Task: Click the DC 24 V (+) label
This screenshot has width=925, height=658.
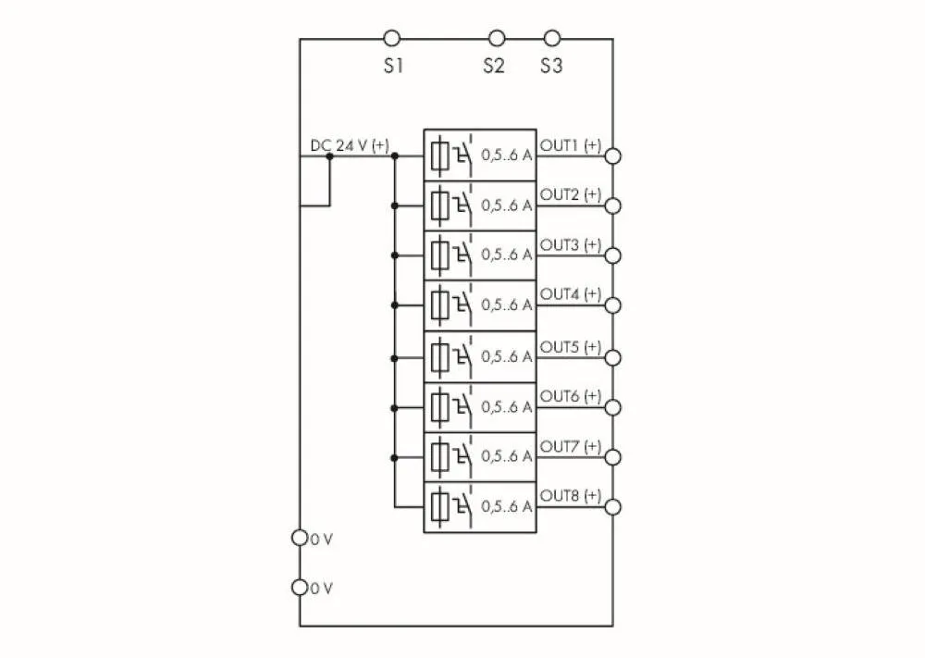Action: (x=350, y=145)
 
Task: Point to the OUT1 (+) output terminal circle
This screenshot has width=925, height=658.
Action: (x=612, y=155)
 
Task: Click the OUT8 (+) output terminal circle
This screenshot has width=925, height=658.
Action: (x=612, y=506)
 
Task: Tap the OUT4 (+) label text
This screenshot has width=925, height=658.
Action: (x=570, y=294)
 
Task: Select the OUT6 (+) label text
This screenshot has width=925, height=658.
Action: (x=570, y=396)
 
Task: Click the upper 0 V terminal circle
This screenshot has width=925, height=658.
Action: (x=299, y=537)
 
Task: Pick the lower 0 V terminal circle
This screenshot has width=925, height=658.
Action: (x=299, y=587)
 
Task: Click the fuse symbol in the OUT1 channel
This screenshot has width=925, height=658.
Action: (x=440, y=155)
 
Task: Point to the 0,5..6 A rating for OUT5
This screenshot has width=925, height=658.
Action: (x=506, y=356)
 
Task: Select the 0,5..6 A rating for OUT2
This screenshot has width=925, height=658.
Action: (x=506, y=205)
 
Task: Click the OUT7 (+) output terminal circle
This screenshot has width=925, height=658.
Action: (x=612, y=457)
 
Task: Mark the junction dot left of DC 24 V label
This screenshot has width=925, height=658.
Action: (x=329, y=155)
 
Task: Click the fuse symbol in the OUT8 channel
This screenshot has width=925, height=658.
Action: (x=440, y=506)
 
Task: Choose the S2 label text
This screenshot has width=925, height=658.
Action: (x=493, y=67)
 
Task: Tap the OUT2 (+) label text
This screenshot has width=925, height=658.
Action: (x=570, y=194)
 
